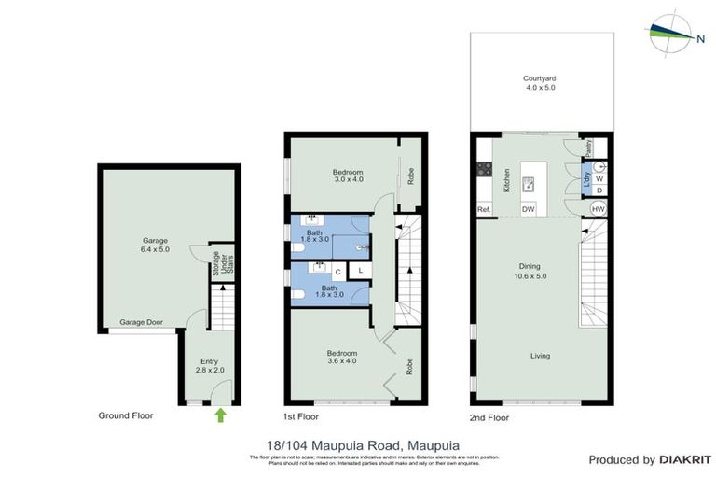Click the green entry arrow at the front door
(220, 414)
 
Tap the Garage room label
(155, 246)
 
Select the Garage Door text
(141, 323)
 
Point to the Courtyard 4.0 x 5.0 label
(539, 83)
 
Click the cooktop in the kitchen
(485, 170)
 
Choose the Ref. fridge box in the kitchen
(484, 209)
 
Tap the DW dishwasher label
(529, 209)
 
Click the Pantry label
(589, 148)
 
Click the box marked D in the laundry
(599, 191)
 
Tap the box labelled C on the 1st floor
(337, 271)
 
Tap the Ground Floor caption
(126, 415)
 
